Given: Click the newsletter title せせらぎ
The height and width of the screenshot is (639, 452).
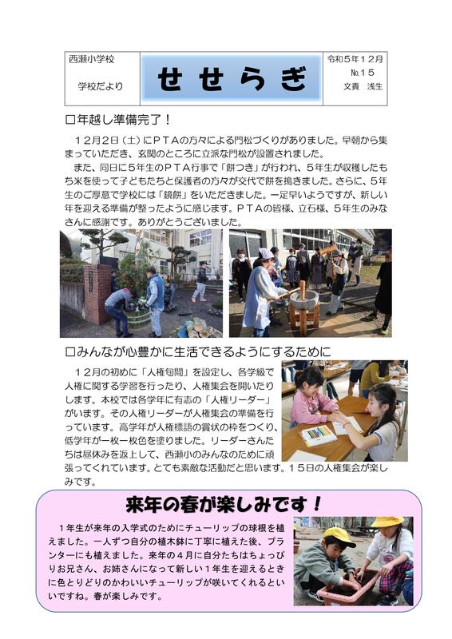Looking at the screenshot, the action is [x=232, y=78].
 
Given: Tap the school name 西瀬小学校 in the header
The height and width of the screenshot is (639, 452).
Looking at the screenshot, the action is [x=92, y=59].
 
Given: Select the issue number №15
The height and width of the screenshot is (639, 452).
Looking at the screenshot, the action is [x=362, y=73].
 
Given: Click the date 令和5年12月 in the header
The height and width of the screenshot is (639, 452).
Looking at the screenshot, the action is [x=355, y=59].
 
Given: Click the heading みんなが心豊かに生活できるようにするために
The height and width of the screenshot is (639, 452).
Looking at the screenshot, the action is [x=198, y=351].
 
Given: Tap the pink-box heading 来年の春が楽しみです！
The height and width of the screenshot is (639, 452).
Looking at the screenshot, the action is [x=224, y=505].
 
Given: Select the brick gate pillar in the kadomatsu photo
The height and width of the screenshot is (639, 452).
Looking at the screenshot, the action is [x=97, y=293].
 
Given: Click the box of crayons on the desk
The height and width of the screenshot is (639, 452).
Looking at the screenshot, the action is [x=318, y=435].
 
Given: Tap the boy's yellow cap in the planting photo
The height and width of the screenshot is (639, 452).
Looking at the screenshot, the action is [x=339, y=536].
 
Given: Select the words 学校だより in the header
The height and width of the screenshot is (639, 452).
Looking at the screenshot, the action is [x=101, y=86].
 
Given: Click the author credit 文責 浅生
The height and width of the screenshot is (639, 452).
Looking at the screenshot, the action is [x=363, y=86].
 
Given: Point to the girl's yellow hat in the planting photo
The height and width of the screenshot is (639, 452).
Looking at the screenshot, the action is [x=387, y=522].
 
